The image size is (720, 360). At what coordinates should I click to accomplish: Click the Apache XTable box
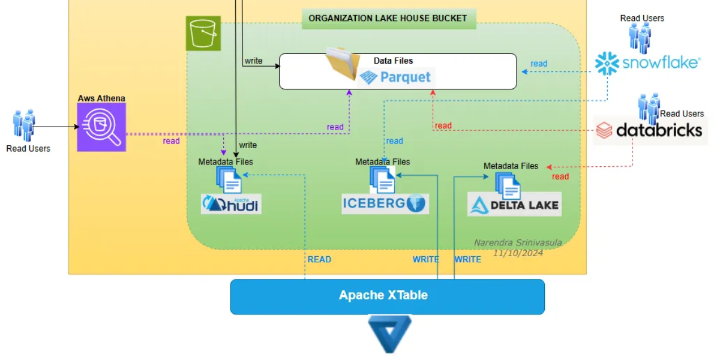coord(387,296)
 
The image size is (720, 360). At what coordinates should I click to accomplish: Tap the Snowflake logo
coord(647,63)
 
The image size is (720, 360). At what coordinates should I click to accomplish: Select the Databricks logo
coord(650,130)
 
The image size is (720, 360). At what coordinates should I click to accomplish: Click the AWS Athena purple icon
coord(101,127)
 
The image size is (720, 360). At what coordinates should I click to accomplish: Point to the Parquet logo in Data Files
coord(395,77)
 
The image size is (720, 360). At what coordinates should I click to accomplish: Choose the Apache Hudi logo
coord(232,205)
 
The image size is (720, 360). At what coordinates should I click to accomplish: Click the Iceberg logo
coord(385,203)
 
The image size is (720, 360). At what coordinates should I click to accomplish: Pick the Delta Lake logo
coord(514,205)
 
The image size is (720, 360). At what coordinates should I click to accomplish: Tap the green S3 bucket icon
coord(203,33)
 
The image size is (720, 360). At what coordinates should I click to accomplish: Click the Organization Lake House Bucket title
coord(388,18)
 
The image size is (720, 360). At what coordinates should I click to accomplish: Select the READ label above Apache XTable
coord(319,259)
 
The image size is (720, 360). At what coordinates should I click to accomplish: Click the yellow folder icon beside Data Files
coord(343,64)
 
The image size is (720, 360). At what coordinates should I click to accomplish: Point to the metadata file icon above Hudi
coord(229,179)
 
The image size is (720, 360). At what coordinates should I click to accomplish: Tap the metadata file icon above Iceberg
coord(382,179)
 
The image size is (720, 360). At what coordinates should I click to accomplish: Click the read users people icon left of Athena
coord(25,125)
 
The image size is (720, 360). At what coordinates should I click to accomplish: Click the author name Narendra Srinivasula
coord(518,243)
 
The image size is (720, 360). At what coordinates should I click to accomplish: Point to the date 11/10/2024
coord(518,253)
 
